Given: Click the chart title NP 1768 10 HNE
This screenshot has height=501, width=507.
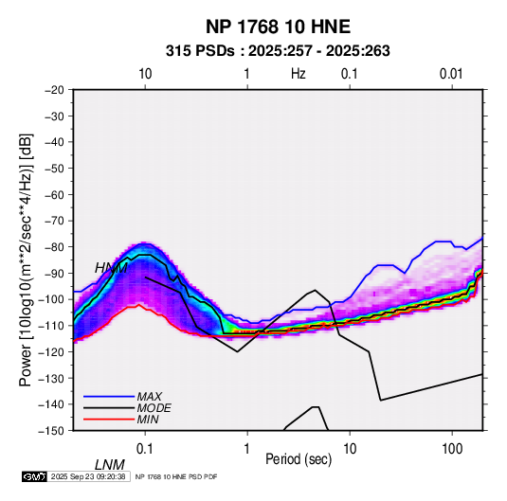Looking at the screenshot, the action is tap(278, 27).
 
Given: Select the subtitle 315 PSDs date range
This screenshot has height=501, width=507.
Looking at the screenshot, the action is tap(278, 51).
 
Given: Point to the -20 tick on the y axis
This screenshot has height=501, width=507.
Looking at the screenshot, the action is tap(54, 90).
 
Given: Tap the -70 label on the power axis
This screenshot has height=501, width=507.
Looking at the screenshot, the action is tap(54, 221).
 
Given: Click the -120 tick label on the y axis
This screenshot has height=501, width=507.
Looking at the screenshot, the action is tap(52, 351).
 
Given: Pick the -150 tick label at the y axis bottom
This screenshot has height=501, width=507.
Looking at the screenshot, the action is tap(52, 431).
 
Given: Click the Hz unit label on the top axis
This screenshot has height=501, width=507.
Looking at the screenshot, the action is tap(299, 74).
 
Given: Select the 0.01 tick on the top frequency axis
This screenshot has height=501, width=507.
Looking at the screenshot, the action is tap(451, 74).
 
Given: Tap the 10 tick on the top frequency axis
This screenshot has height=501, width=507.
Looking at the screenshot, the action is tap(145, 74).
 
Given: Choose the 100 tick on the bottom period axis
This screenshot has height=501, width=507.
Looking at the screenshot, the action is tap(452, 449).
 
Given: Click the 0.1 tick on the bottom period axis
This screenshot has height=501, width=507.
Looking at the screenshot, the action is tap(145, 449).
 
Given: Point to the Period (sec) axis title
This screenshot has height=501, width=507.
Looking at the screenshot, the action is tap(299, 459).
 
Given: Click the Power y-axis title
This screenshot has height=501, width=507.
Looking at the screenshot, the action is tap(26, 260).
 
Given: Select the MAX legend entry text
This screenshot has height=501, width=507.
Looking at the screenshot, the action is tap(150, 397).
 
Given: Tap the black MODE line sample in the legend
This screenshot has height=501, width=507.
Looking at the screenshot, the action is tap(109, 408).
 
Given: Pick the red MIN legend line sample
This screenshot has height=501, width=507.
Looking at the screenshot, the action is tap(109, 420).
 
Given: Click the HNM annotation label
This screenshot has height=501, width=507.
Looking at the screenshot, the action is tap(111, 268).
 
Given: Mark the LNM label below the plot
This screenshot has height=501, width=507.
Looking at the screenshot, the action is tap(110, 465).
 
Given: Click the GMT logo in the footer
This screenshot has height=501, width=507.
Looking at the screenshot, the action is tap(34, 476).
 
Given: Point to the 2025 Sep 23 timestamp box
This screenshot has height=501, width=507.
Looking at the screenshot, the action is tap(88, 476).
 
